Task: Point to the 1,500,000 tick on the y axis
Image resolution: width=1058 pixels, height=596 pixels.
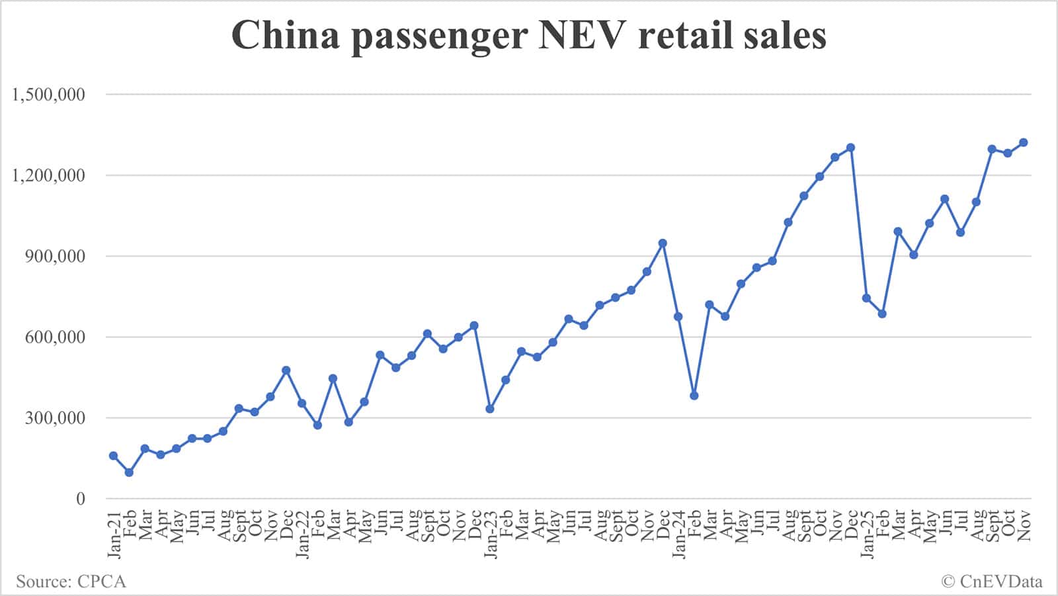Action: pos(48,95)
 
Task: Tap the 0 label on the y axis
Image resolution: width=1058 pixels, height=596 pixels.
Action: pos(81,499)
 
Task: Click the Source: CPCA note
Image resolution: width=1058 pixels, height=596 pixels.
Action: pos(71,582)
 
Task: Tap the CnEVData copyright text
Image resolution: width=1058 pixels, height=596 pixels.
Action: pos(992,582)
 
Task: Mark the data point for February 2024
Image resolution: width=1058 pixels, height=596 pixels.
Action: pos(694,396)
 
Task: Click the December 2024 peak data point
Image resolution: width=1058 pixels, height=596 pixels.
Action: pos(851,148)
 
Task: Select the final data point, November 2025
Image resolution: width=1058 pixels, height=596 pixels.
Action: pos(1024,142)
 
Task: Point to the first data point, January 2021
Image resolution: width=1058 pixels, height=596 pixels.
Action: pos(113,456)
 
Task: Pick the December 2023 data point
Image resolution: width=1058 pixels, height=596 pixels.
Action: pos(663,243)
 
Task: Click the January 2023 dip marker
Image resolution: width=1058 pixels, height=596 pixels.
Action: pos(490,409)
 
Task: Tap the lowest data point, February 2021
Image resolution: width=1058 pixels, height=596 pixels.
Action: pos(129,472)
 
